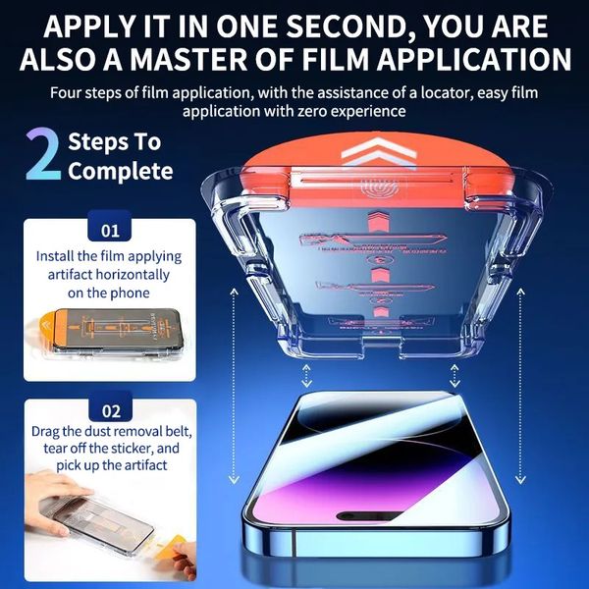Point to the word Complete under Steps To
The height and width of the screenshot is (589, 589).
pos(121,172)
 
